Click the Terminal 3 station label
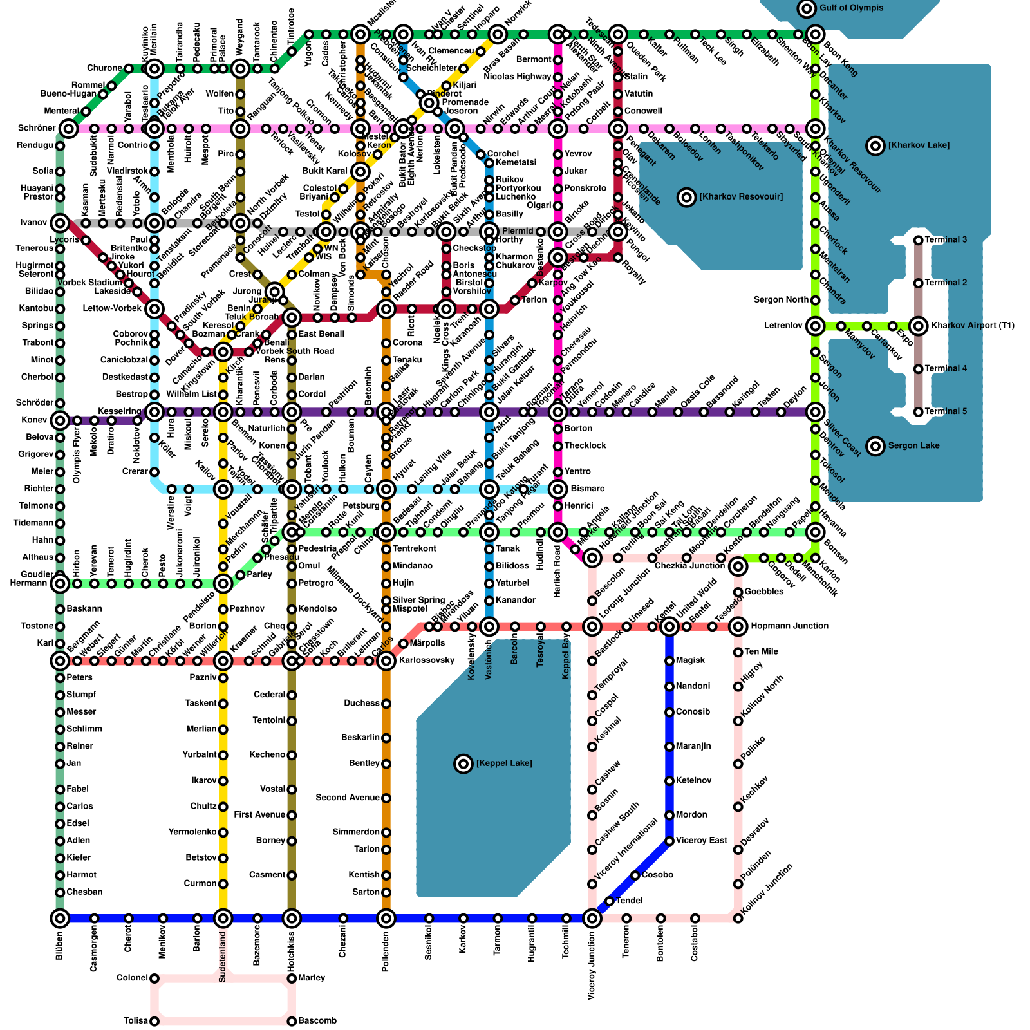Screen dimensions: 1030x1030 pos(946,240)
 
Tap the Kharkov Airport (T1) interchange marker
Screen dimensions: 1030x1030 pos(919,326)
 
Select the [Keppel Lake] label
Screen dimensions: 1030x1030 pos(504,763)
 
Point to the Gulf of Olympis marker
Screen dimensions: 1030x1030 pos(807,8)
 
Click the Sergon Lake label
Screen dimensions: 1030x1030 pos(913,445)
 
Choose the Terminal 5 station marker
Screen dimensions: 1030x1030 pos(919,412)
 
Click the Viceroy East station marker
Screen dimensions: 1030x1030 pos(669,841)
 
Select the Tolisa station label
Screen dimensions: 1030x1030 pos(136,1021)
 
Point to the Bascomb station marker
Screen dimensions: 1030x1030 pos(292,1021)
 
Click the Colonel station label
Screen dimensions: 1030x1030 pos(133,979)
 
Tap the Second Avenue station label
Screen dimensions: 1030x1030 pos(348,798)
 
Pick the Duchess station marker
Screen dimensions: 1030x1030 pos(386,704)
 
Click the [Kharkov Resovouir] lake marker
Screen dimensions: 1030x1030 pos(687,197)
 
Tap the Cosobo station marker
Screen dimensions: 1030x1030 pos(635,875)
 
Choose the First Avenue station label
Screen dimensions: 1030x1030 pos(259,815)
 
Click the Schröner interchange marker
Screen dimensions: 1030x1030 pos(69,129)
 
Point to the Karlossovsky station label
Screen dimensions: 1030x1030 pos(427,660)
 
